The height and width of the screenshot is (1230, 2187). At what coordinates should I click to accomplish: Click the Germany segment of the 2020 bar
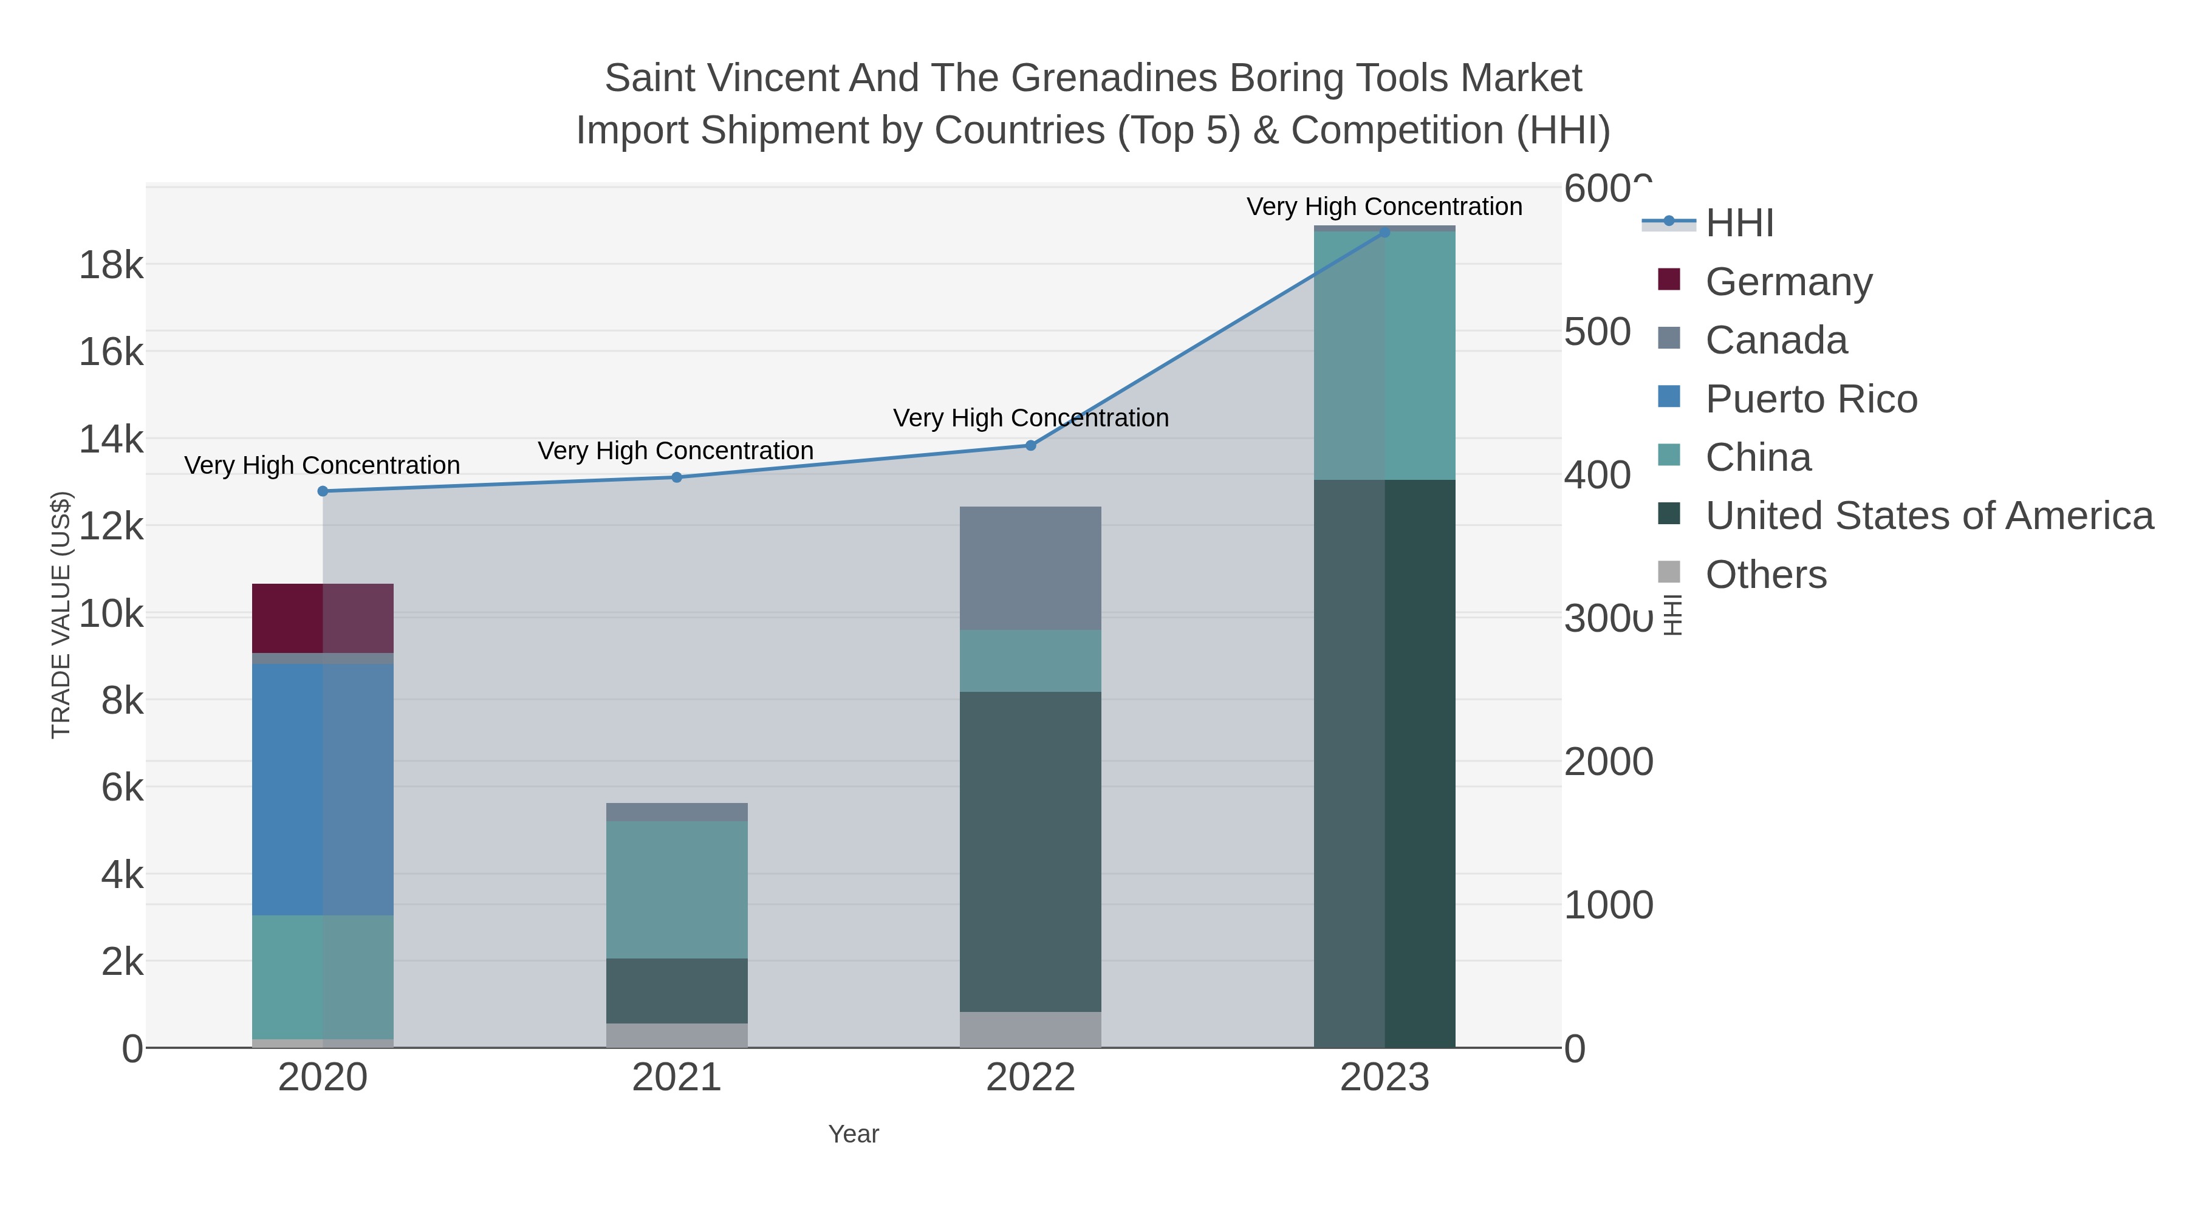pos(323,618)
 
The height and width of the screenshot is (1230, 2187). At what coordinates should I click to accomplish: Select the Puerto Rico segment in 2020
pos(323,790)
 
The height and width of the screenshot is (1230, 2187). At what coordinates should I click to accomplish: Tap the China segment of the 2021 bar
pos(677,890)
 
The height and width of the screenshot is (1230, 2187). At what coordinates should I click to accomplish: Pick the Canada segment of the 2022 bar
pos(1030,568)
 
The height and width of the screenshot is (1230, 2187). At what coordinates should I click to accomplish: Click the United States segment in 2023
pos(1384,764)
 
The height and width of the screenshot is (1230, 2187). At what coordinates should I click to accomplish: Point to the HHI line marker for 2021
pos(677,477)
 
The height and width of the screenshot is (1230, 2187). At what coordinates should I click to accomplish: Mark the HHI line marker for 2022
pos(1031,446)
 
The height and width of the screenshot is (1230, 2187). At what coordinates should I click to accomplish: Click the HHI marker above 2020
pos(323,491)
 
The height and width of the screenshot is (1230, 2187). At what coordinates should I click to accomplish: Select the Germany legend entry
pos(1788,282)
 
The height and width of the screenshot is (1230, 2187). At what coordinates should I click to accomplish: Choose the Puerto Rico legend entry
pos(1811,399)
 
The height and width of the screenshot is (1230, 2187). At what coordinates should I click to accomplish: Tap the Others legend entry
pos(1766,575)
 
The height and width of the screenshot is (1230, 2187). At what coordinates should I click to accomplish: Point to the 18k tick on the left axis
pos(111,265)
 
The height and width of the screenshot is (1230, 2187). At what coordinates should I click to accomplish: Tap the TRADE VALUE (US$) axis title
pos(61,615)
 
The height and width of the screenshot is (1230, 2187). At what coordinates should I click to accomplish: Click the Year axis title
pos(854,1134)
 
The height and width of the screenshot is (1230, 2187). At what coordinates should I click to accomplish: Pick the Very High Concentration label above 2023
pos(1384,207)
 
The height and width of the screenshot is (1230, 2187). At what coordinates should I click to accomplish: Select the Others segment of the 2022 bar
pos(1030,1030)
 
